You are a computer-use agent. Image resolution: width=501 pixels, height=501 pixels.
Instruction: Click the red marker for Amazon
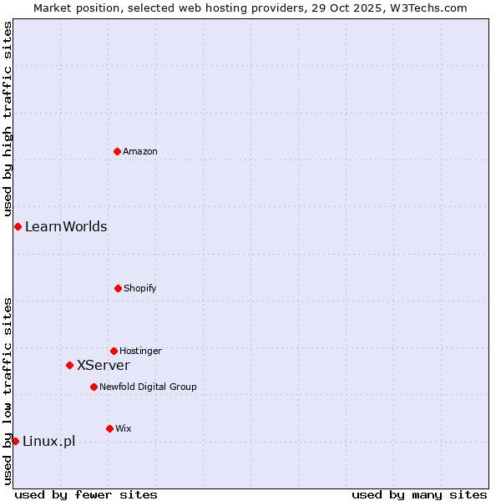tap(117, 151)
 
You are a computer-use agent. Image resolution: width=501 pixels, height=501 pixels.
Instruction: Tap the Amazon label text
tap(140, 151)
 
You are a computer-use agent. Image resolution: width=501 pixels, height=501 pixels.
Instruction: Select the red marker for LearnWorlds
tap(18, 226)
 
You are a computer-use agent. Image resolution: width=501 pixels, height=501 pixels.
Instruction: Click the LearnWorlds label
tap(66, 226)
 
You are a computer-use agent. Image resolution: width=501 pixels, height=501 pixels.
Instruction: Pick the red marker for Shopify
tap(118, 288)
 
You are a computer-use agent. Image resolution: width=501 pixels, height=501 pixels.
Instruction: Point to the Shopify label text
tap(140, 288)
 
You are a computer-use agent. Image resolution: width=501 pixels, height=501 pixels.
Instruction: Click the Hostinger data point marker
tap(114, 351)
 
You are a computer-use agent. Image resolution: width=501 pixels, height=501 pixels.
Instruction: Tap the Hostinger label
tap(140, 351)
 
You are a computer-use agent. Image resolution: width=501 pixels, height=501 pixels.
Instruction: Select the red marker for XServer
tap(69, 365)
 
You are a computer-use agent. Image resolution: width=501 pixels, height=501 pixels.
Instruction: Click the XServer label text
tap(104, 365)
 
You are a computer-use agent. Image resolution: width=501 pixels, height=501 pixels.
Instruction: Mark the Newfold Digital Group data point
tap(94, 387)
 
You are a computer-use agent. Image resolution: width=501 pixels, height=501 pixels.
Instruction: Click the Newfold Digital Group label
tap(148, 387)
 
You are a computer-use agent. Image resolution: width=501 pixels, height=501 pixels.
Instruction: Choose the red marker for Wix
tap(109, 428)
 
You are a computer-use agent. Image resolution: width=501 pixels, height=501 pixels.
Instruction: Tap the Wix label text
tap(124, 428)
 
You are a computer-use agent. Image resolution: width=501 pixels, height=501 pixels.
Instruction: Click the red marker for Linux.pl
tap(15, 441)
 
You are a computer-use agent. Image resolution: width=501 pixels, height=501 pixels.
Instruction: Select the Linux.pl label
tap(48, 441)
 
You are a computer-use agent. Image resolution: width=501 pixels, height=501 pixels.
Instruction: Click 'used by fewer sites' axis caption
tap(86, 494)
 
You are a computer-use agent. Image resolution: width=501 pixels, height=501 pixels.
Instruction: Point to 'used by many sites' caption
tap(419, 494)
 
